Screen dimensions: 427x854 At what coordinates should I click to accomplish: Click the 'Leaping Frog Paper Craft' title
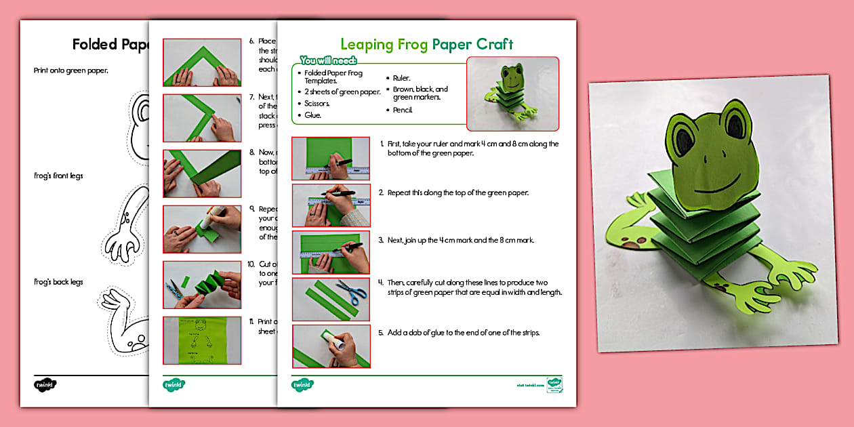426,45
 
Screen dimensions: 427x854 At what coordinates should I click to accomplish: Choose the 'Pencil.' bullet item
403,110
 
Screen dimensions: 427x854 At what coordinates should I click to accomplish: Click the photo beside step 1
331,159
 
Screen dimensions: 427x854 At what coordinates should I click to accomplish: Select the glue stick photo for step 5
331,346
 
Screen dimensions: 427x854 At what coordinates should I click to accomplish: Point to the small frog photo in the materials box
512,94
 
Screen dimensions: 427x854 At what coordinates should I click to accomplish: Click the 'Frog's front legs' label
58,176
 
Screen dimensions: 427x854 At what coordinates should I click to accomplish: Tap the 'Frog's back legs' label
58,282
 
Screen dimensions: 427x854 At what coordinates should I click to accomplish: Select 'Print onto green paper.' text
71,70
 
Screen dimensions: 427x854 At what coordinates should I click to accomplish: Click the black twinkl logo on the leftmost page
45,385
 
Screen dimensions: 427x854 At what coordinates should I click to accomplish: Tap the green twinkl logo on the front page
303,385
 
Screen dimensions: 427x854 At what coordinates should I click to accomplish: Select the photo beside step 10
202,285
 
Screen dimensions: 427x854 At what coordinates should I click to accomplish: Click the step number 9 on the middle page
252,209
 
